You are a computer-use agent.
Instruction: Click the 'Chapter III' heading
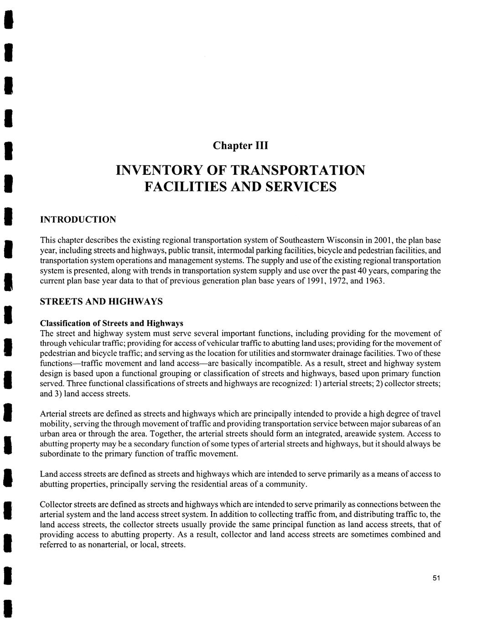pyautogui.click(x=241, y=146)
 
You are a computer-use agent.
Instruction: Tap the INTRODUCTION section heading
pyautogui.click(x=78, y=220)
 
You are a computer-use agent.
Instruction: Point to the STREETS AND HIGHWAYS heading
pyautogui.click(x=101, y=302)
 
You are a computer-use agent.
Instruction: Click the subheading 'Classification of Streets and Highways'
pyautogui.click(x=112, y=323)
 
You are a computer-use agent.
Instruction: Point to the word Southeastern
pyautogui.click(x=301, y=240)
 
